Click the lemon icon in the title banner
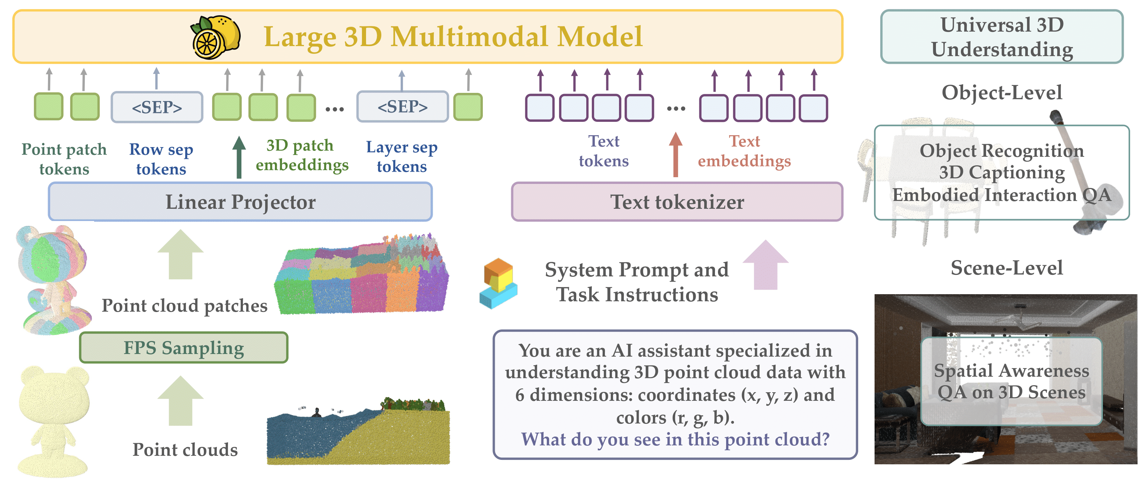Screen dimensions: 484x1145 pos(216,37)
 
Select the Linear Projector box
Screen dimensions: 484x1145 pos(240,202)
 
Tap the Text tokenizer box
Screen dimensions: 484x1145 pos(677,202)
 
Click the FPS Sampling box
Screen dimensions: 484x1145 pos(183,348)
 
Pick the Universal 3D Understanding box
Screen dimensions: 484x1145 pos(1001,37)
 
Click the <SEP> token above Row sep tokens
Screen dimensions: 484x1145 pos(157,107)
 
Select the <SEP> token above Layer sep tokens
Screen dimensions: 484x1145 pos(402,107)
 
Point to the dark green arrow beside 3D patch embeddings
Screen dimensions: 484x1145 pos(239,157)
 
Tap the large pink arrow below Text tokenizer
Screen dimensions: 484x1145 pos(766,265)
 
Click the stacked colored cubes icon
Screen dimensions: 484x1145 pos(498,283)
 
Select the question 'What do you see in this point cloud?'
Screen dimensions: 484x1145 pos(675,439)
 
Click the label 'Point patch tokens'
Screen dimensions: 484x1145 pos(64,159)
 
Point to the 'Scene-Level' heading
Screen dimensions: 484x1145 pos(1006,268)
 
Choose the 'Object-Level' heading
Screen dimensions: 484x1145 pos(1001,92)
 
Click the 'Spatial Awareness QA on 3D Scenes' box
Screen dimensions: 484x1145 pos(1011,381)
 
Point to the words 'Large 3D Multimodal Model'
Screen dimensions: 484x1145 pos(453,36)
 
